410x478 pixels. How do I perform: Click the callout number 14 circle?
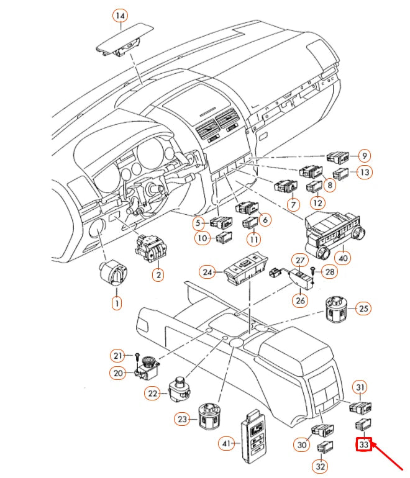[120, 15]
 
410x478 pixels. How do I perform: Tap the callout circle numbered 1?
[116, 304]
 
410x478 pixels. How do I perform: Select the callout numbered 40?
[342, 257]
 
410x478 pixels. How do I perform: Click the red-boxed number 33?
[363, 444]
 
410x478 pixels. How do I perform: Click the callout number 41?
[227, 444]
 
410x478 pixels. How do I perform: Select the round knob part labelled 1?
[116, 273]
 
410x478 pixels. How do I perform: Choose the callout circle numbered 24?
[207, 271]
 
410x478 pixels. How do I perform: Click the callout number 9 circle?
[364, 155]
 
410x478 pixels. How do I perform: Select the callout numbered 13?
[364, 173]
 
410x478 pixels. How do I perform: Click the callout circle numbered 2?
[158, 274]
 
